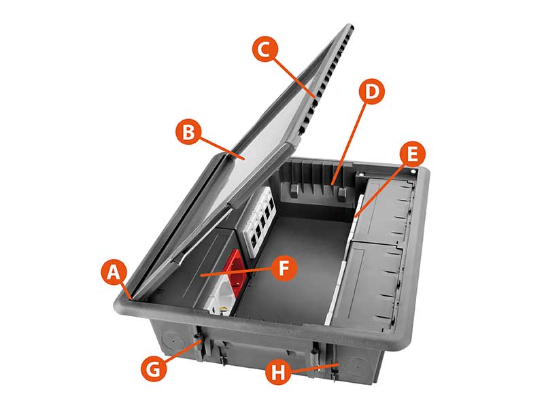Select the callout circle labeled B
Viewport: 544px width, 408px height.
point(188,132)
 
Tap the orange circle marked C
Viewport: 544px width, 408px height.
point(265,50)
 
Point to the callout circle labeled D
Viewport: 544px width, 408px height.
point(371,92)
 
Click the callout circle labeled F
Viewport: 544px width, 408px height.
point(284,268)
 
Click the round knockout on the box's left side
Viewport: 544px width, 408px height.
point(171,341)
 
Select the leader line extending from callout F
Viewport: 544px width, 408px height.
point(236,272)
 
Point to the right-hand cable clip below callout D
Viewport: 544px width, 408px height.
point(341,194)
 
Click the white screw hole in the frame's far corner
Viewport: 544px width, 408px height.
point(413,171)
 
